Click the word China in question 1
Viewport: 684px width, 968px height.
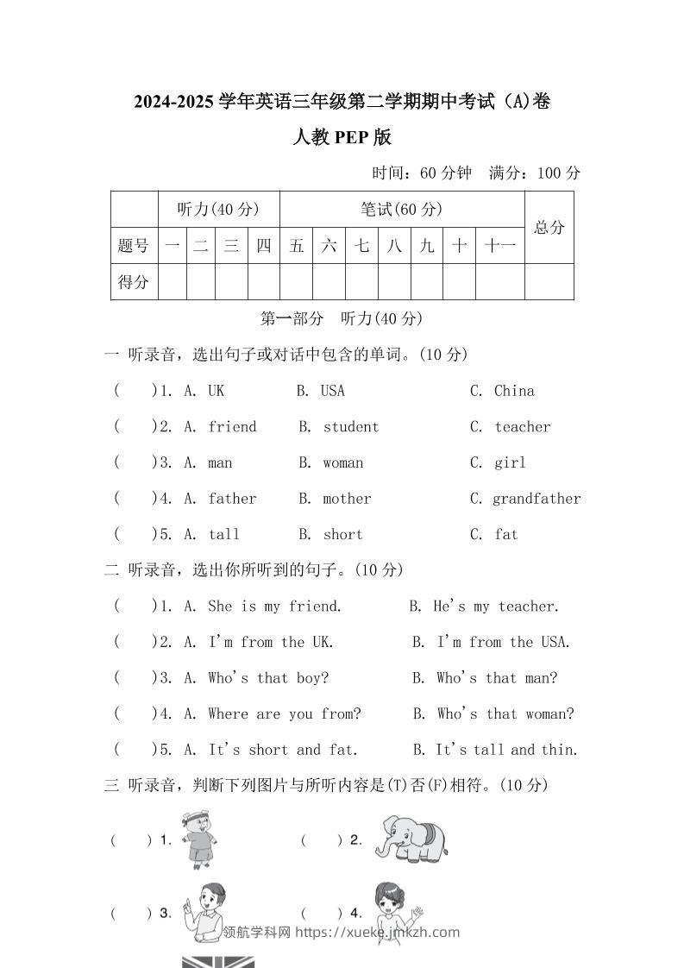coord(514,391)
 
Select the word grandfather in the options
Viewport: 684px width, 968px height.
coord(537,499)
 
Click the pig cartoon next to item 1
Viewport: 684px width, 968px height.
coord(200,837)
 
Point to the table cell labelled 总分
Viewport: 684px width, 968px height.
coord(549,227)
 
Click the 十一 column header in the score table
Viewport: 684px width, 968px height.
coord(500,246)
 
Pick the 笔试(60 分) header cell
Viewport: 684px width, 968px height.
coord(402,209)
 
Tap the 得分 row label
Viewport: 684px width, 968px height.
coord(134,281)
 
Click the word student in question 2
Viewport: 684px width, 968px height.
coord(351,427)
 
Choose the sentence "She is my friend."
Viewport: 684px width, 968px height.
coord(275,607)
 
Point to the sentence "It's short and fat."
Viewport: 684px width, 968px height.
coord(283,750)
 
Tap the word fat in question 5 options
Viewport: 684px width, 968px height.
coord(506,535)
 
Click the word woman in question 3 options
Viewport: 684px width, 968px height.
coord(343,463)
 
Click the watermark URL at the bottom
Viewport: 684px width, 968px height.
coord(378,932)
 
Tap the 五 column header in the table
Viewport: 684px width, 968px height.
coord(297,246)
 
